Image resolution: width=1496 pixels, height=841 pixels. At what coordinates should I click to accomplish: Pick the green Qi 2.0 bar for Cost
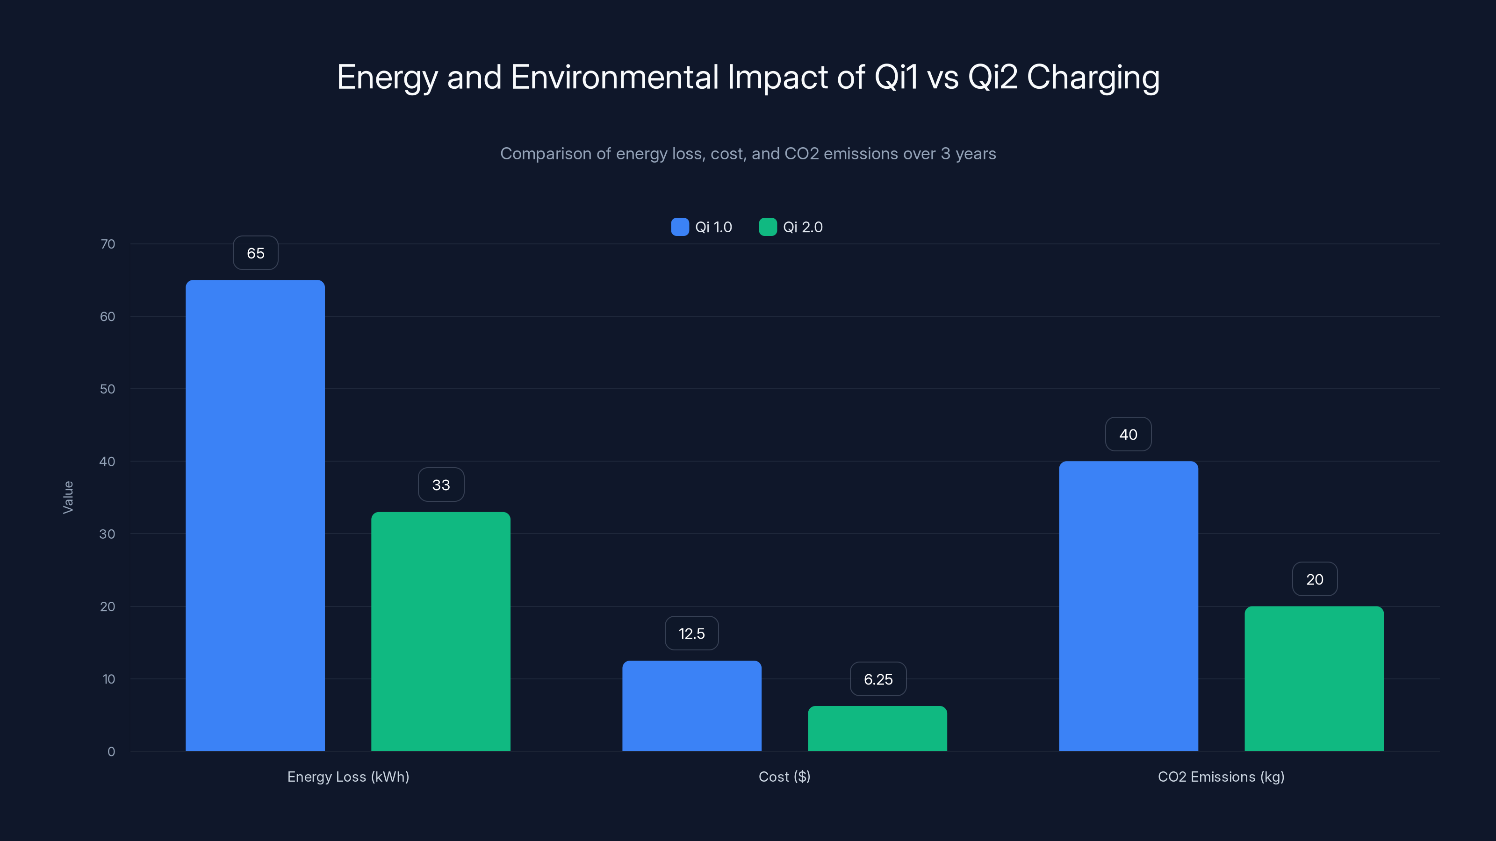coord(877,728)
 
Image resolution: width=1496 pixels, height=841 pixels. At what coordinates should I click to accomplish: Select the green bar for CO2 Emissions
coord(1314,678)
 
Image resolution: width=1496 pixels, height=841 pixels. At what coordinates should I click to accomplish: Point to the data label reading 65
coord(256,253)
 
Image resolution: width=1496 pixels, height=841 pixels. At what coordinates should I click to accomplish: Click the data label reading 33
coord(441,485)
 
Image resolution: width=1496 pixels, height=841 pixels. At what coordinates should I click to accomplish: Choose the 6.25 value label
coord(877,679)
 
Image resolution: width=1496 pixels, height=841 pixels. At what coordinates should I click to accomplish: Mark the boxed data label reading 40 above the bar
coord(1128,434)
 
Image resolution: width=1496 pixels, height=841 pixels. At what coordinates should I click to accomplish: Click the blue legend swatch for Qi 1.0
coord(679,227)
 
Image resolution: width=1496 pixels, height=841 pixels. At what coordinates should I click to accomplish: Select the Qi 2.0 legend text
coord(803,227)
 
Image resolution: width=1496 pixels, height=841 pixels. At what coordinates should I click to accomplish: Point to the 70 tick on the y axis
coord(108,244)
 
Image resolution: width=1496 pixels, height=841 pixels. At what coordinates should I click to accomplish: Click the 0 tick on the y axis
coord(111,752)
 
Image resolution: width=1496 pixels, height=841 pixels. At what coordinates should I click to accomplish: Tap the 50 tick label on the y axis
coord(108,389)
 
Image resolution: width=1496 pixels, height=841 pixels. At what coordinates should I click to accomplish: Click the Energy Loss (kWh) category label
coord(348,777)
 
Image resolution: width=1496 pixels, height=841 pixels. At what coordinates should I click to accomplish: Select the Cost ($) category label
coord(784,777)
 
